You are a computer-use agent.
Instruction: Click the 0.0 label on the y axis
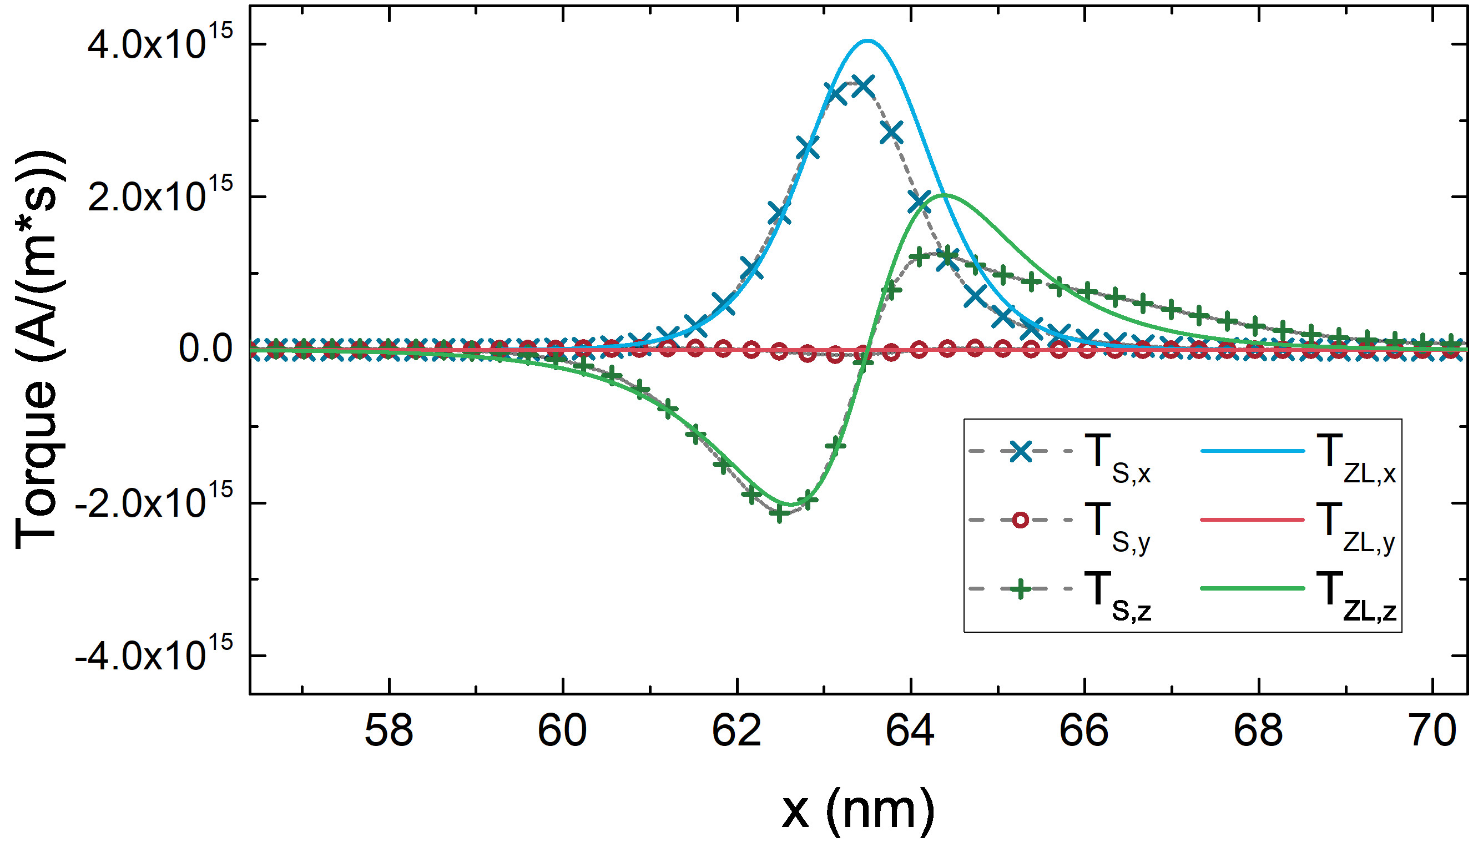[x=206, y=349]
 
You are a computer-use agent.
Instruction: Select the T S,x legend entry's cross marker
[x=1021, y=451]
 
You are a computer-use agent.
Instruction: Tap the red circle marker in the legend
[x=1021, y=521]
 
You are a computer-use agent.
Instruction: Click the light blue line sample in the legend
[x=1252, y=451]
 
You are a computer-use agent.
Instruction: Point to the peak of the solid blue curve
[x=867, y=41]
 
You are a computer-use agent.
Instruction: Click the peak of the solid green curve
[x=945, y=195]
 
